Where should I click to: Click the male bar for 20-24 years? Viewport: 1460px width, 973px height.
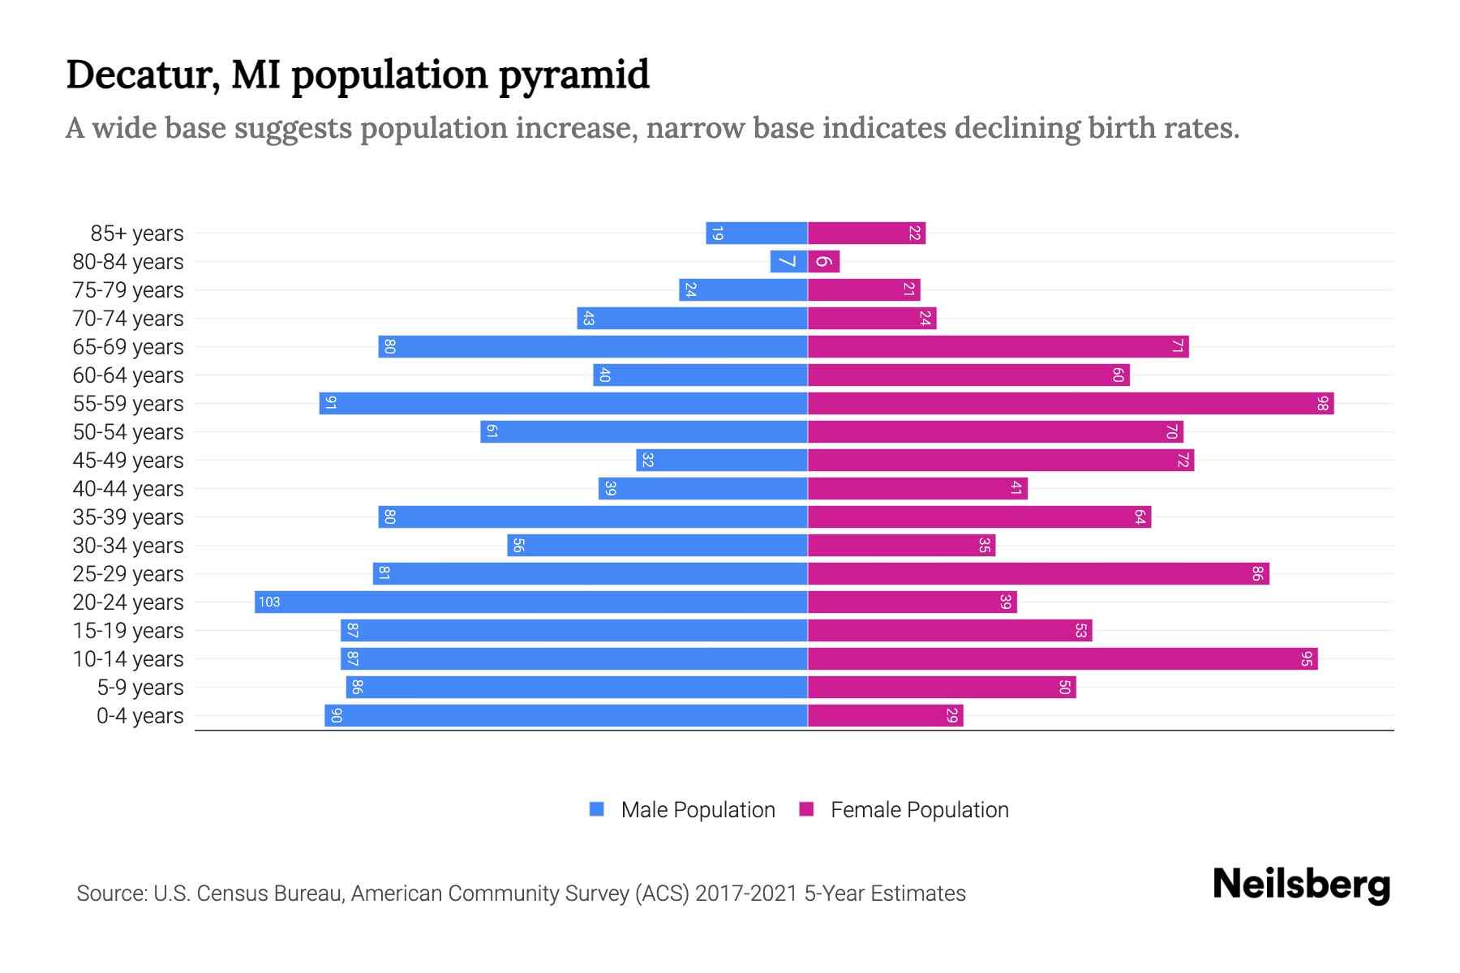coord(531,602)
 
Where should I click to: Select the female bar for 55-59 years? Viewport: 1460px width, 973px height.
coord(1071,403)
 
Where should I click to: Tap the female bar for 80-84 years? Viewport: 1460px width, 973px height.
coord(824,261)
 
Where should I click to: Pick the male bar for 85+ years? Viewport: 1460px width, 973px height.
coord(757,233)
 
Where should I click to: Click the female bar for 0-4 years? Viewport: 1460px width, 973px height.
coord(886,715)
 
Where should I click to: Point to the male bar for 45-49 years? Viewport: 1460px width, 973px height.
coord(722,460)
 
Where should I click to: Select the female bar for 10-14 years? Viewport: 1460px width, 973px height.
coord(1063,658)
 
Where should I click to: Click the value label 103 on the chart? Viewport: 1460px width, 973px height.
coord(269,602)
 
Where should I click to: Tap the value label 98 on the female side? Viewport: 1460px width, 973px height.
coord(1322,403)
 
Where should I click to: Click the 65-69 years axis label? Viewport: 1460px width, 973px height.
coord(128,347)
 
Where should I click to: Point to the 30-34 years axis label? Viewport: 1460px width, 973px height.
coord(128,546)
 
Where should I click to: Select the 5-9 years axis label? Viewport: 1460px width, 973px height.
coord(140,688)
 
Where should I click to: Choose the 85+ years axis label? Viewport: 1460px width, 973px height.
coord(137,234)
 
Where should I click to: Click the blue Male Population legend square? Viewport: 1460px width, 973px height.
coord(597,809)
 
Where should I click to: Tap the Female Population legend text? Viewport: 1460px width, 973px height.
coord(919,810)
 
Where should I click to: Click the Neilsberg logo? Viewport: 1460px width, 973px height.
coord(1301,885)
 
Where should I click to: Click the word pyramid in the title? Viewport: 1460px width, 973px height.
coord(573,75)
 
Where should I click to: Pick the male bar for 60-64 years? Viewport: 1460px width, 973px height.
coord(700,375)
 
